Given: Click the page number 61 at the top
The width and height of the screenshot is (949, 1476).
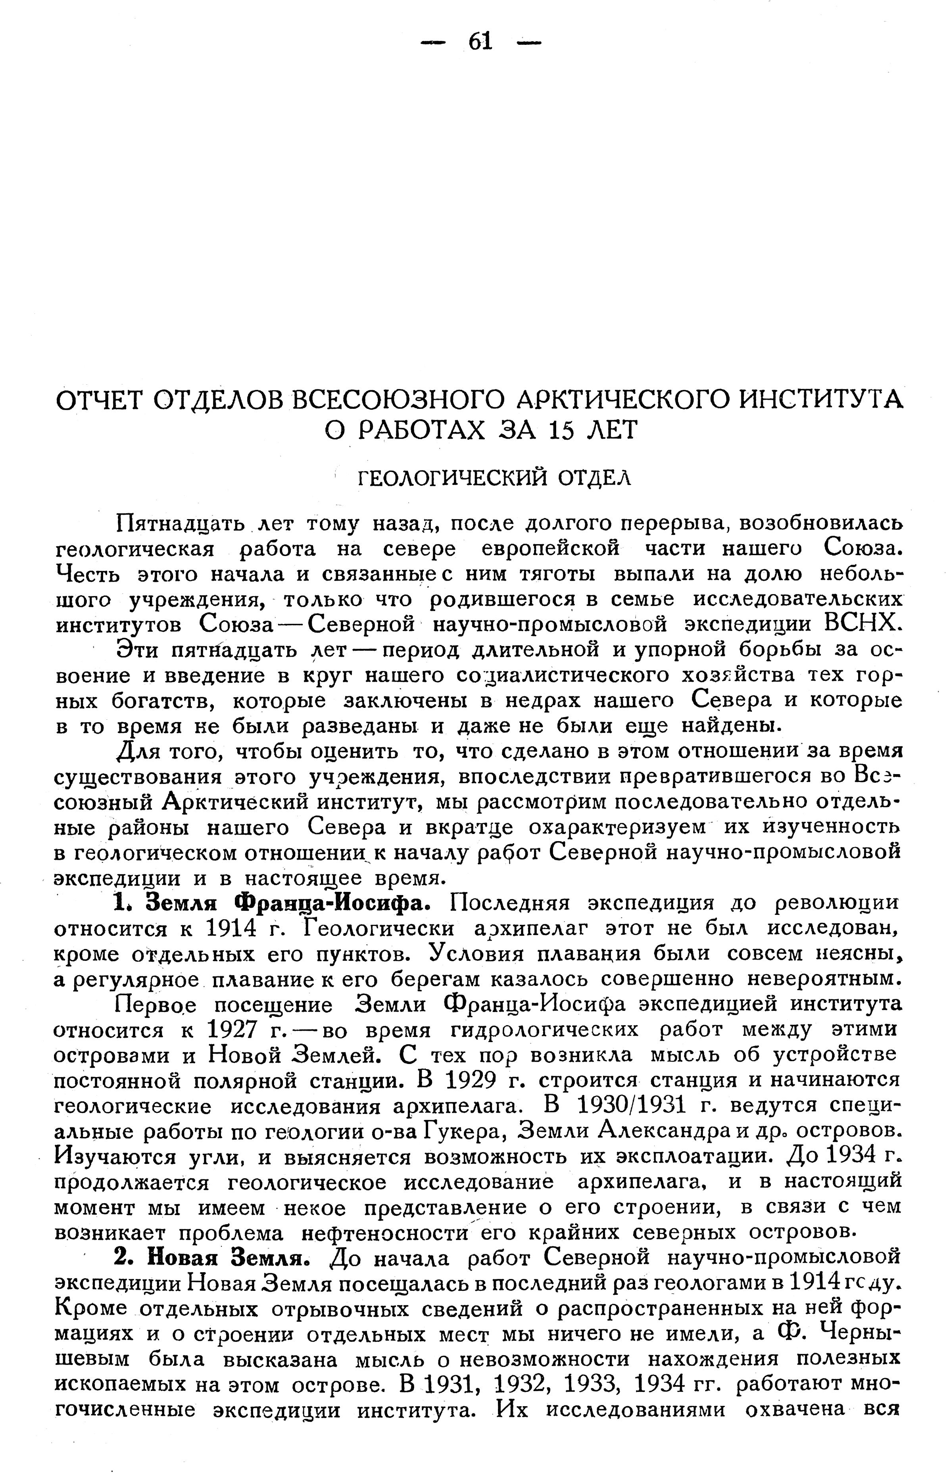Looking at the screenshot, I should click(481, 42).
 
